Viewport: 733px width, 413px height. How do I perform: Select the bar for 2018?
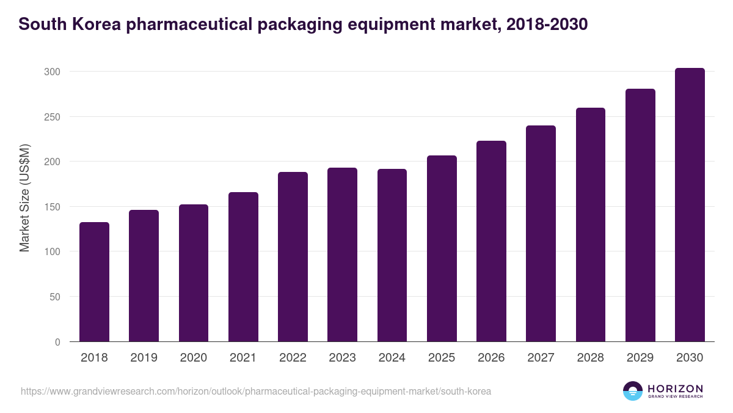[94, 282]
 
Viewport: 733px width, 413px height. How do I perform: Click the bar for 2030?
[690, 205]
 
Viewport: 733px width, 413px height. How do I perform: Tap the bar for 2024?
[392, 255]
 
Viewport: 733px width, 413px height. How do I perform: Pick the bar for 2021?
[243, 267]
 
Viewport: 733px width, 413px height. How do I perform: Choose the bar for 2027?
[541, 234]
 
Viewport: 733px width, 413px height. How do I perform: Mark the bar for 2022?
[293, 257]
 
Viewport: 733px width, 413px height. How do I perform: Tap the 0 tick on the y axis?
[57, 342]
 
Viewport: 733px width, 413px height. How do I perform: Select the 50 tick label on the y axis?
[55, 297]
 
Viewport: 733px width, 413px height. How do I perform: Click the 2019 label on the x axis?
[144, 358]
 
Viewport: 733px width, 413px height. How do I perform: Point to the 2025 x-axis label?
[442, 358]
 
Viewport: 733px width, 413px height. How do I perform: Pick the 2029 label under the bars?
[640, 358]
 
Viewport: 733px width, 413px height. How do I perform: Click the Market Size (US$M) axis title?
[25, 198]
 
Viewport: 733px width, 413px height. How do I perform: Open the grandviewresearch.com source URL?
[256, 391]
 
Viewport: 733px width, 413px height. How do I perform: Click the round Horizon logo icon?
[632, 391]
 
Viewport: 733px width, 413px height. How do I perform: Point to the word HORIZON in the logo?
[675, 389]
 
